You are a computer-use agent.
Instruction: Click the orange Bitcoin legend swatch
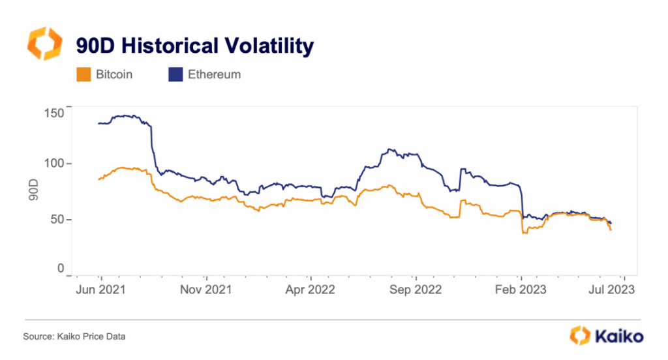(83, 74)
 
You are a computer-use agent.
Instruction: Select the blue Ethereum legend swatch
(175, 74)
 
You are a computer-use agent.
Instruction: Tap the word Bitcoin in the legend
(114, 74)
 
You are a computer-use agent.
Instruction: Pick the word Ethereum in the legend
(214, 74)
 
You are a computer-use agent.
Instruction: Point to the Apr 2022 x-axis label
(311, 290)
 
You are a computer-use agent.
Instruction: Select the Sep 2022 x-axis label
(415, 290)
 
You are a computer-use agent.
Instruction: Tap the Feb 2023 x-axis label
(521, 290)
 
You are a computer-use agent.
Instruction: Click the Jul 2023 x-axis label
(610, 290)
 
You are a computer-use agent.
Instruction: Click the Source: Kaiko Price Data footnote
(74, 337)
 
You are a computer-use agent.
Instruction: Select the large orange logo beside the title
(44, 44)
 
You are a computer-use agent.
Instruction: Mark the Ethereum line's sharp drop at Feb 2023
(523, 202)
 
